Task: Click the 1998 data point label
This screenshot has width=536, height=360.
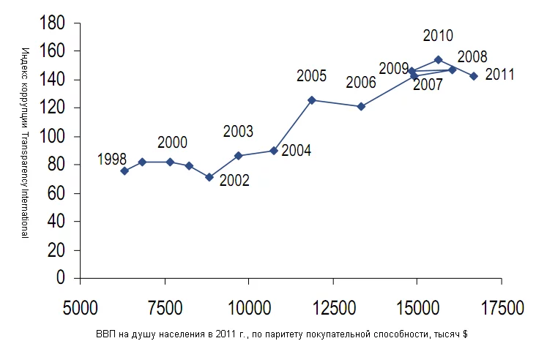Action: tap(112, 160)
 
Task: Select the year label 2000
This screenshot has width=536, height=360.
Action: tap(172, 143)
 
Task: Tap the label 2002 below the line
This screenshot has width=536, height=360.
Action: tap(235, 180)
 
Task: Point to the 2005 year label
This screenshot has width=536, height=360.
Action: tap(311, 75)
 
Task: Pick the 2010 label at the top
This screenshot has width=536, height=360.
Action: tap(438, 35)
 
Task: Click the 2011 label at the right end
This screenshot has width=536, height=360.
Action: tap(500, 75)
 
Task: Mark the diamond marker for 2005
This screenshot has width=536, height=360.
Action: tap(312, 100)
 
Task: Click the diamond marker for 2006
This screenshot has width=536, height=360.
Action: tap(361, 106)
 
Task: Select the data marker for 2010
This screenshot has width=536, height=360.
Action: tap(438, 60)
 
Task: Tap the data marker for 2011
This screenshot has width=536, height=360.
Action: tap(474, 76)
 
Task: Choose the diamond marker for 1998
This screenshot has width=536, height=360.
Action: tap(124, 170)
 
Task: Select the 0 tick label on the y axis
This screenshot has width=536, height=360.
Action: tap(62, 279)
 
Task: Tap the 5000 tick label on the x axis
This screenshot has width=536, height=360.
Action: tap(81, 306)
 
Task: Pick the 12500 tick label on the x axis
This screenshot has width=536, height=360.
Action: tap(333, 306)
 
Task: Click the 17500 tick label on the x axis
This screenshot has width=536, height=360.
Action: tap(502, 306)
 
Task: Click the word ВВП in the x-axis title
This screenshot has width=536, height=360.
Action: tap(105, 334)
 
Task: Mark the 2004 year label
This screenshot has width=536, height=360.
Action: tap(296, 151)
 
